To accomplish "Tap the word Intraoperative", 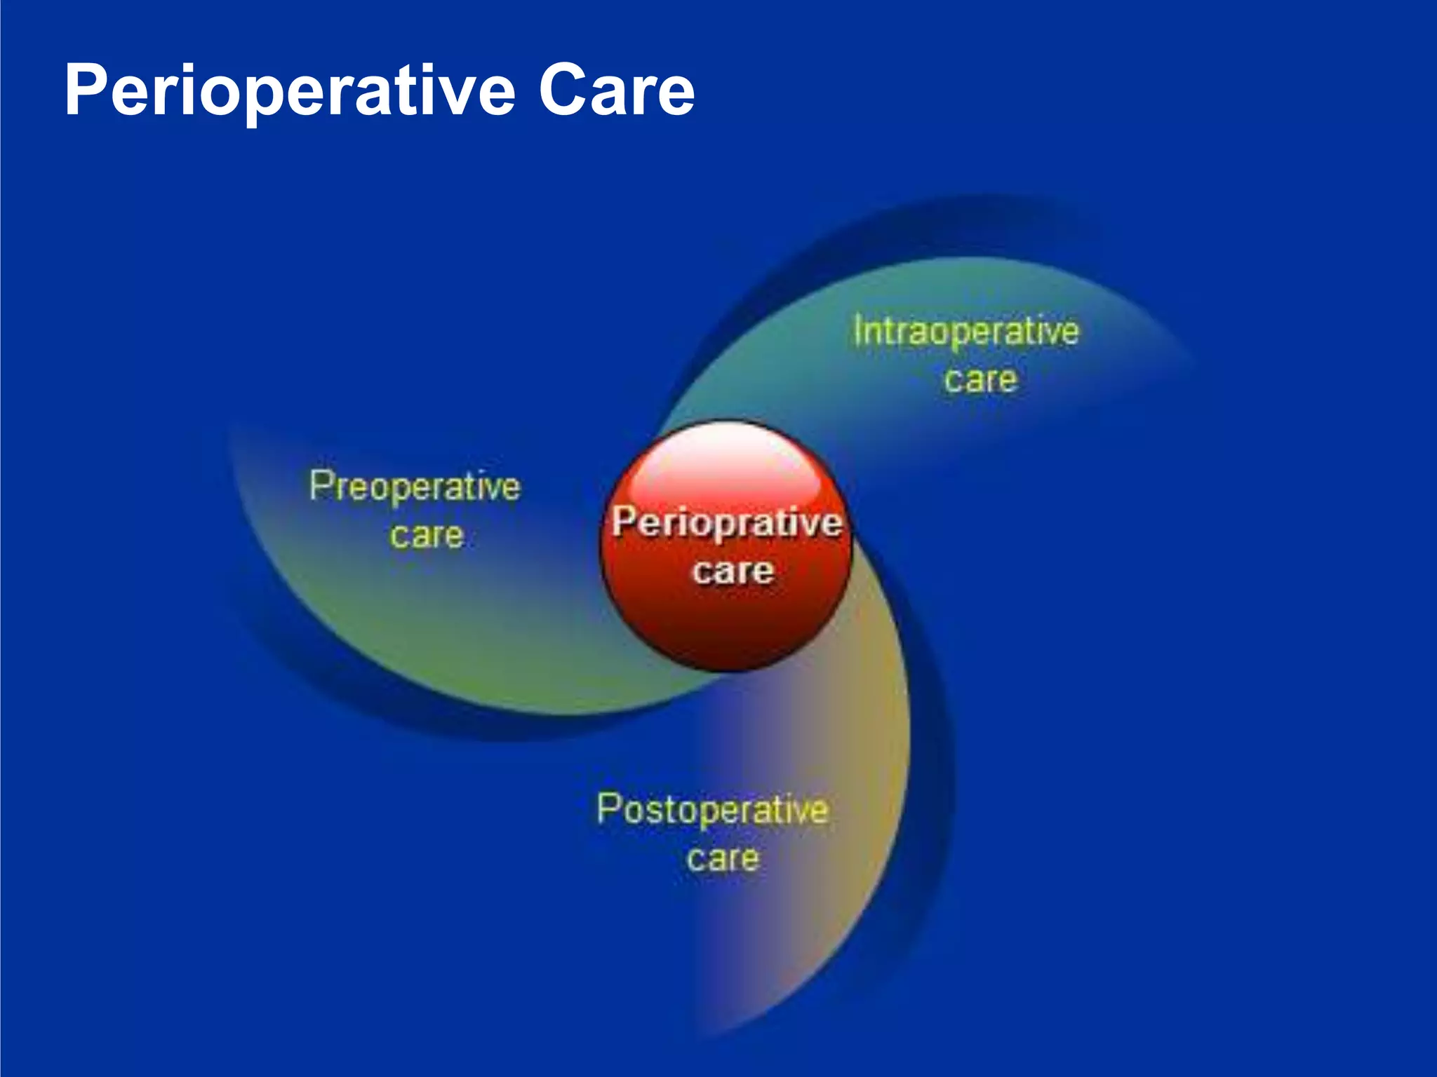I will [x=966, y=332].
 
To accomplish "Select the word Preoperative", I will [x=415, y=486].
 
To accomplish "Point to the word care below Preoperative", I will [x=427, y=536].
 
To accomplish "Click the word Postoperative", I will [x=712, y=810].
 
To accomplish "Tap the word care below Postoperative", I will [x=723, y=858].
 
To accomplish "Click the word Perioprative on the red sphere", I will [x=727, y=523].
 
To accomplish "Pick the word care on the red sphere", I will [x=733, y=571].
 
